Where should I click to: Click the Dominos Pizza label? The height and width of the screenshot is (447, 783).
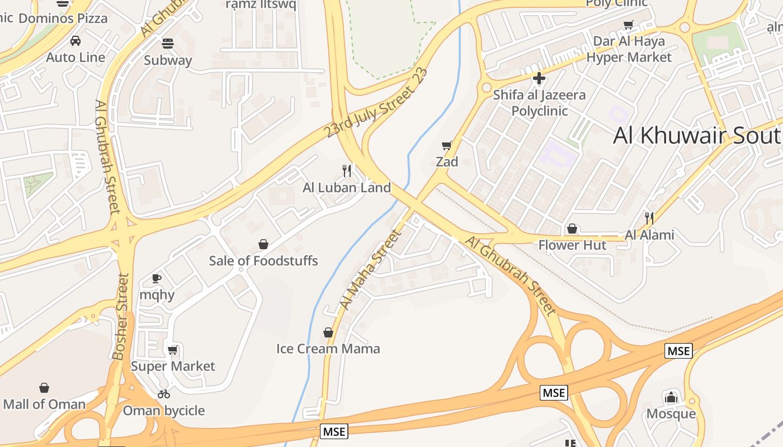pos(63,18)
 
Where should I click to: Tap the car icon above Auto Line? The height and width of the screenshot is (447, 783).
pos(76,41)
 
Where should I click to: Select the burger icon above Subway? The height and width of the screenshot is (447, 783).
pos(168,44)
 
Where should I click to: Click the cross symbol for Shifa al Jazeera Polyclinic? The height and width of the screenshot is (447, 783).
pos(539,78)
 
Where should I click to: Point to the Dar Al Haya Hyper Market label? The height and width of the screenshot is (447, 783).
pos(629,49)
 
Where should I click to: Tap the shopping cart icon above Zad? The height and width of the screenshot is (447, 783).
pos(447,146)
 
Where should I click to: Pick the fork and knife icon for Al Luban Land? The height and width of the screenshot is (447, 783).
pos(347,171)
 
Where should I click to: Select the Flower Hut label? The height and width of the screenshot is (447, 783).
pos(572,245)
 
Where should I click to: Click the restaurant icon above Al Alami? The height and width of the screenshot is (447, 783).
pos(649,218)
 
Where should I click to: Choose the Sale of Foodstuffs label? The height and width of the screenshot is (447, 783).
pos(263,261)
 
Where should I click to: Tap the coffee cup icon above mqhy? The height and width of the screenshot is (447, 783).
pos(157,278)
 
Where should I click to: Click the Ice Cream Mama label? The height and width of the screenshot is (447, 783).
pos(328,349)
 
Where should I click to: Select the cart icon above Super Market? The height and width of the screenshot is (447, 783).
pos(173,350)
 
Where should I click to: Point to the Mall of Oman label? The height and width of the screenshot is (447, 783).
pos(45,404)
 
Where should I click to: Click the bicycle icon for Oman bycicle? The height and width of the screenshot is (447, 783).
pos(164,394)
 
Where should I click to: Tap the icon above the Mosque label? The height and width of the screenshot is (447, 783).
pos(671,397)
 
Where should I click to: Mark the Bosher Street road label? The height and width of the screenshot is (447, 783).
pos(121,316)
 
